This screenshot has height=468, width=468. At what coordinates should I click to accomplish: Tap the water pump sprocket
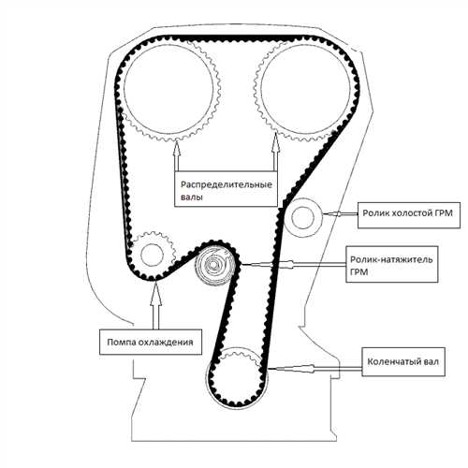[152, 255]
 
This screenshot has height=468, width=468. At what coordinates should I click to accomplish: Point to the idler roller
[302, 217]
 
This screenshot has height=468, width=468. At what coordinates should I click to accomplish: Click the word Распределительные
[227, 184]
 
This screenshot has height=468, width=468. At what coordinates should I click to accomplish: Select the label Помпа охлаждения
[150, 343]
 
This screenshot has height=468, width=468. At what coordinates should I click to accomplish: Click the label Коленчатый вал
[403, 361]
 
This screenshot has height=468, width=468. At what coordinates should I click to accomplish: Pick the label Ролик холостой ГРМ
[407, 213]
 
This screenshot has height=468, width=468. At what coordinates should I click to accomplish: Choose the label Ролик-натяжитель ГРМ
[391, 266]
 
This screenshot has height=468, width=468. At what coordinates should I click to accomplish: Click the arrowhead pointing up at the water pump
[155, 293]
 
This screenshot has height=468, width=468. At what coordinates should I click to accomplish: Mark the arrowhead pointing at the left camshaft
[177, 147]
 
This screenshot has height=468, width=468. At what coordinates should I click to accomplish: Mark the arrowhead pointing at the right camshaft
[275, 144]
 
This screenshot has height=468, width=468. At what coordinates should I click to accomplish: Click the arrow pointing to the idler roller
[340, 213]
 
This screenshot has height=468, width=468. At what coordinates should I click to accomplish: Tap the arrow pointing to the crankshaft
[315, 369]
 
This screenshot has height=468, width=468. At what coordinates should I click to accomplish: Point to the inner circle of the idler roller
[302, 217]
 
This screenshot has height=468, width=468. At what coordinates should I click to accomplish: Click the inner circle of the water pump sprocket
[152, 255]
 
